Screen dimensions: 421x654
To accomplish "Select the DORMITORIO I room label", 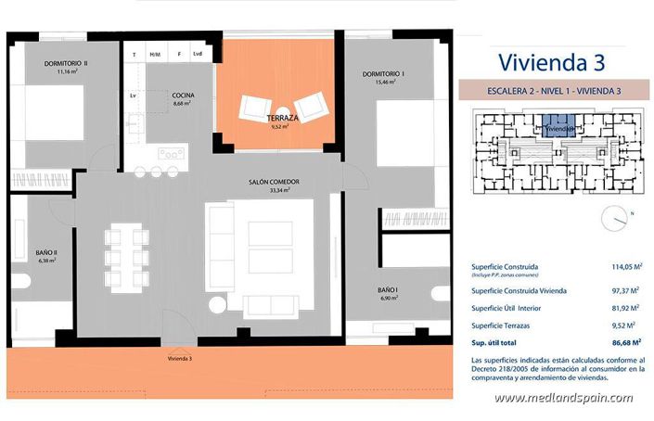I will click(382, 73).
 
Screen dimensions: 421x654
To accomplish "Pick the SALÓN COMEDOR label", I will click(274, 182).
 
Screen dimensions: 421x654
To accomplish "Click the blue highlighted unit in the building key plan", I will click(556, 126).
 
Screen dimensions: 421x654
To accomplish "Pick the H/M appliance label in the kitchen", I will click(155, 55).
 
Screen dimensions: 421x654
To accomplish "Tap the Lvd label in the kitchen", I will click(198, 55).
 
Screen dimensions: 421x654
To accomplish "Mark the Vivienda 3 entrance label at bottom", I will click(180, 358).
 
